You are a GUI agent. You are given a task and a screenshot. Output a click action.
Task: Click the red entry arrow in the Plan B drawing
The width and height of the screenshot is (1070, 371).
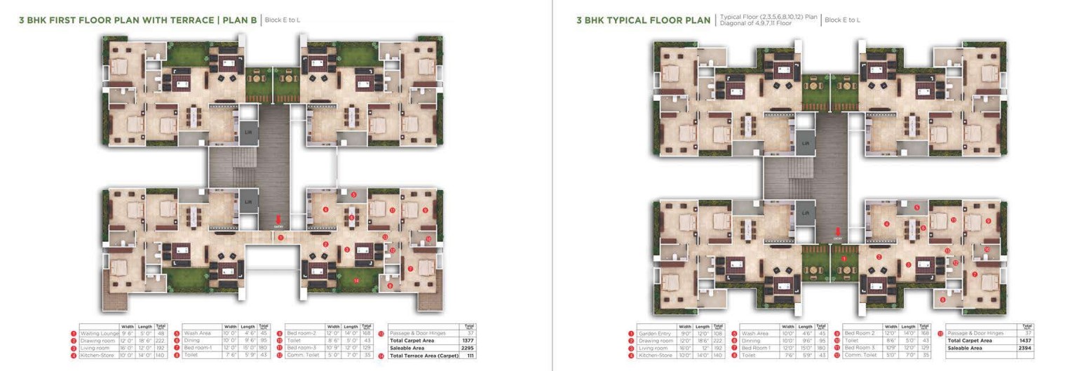[278, 220]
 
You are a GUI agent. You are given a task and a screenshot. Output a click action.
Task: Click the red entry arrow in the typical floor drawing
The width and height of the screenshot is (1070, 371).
[837, 232]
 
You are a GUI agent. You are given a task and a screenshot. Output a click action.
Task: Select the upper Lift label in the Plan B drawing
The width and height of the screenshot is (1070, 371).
[248, 131]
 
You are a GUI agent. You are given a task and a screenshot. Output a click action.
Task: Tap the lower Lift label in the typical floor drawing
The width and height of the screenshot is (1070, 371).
[806, 213]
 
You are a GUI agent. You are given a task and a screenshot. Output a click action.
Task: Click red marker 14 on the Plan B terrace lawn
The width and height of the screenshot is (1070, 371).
[356, 281]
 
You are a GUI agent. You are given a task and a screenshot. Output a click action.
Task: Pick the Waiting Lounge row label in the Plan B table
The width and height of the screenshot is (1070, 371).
[99, 333]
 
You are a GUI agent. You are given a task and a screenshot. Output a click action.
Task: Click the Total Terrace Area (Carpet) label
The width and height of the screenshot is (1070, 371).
[424, 356]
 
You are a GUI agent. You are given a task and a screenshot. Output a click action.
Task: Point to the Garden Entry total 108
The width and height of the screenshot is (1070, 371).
[718, 334]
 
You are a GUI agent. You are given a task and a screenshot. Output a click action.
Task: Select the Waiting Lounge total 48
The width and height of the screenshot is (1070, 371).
[161, 333]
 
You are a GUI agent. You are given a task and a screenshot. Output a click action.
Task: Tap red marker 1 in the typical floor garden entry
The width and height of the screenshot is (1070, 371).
[844, 259]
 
